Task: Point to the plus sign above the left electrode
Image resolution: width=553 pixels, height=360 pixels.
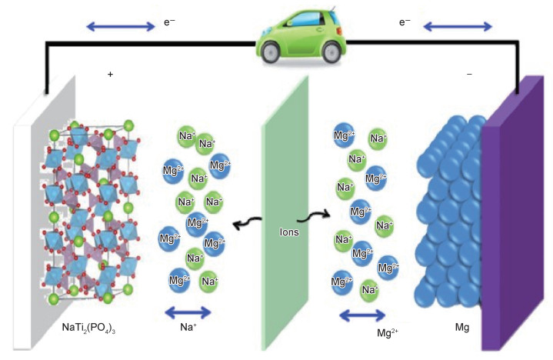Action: click(111, 75)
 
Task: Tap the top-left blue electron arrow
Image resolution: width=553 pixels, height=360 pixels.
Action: click(120, 27)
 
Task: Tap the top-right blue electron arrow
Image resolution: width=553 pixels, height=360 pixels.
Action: click(458, 27)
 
